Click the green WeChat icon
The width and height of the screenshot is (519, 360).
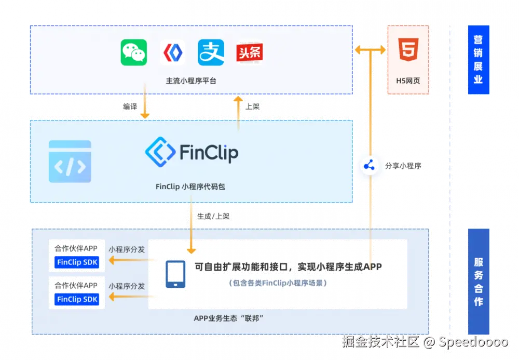(134, 52)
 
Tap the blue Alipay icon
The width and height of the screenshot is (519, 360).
(211, 52)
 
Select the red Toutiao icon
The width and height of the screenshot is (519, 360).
(249, 52)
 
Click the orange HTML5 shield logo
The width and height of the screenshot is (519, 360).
(408, 51)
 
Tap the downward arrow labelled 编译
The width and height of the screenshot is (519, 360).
(145, 106)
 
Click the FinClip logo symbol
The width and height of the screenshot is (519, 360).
(159, 151)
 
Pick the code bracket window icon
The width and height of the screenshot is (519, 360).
(70, 162)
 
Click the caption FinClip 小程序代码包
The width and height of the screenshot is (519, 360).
(190, 186)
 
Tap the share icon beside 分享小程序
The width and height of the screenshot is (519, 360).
(370, 166)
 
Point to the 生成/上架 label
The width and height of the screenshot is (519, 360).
(213, 216)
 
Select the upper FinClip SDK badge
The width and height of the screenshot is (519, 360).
(77, 262)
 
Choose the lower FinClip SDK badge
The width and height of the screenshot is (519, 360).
(77, 299)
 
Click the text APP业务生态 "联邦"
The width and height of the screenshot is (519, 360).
(229, 318)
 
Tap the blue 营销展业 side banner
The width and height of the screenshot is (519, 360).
(478, 60)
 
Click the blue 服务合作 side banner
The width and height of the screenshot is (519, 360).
(478, 281)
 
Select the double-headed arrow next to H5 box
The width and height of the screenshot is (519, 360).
(370, 50)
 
